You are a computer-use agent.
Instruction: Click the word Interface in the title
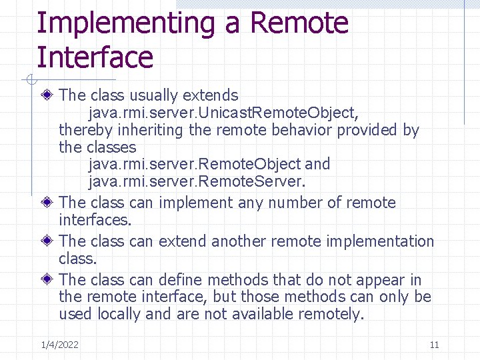tap(95, 57)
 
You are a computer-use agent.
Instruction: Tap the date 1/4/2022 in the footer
tap(59, 345)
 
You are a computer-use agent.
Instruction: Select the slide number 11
tap(434, 345)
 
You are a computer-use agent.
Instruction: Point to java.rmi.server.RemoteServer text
tap(197, 181)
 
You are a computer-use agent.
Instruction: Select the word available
tap(260, 314)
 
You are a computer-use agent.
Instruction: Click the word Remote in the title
tap(299, 23)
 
